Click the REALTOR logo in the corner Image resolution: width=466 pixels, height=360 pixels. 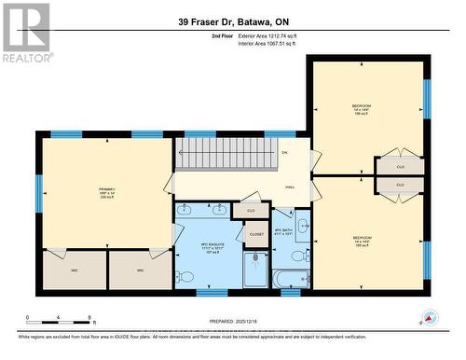26,33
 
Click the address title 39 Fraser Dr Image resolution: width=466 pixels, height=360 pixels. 232,21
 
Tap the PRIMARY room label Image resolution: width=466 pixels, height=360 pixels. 107,191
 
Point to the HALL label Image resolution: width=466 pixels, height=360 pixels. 291,186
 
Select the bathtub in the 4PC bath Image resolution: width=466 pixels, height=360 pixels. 291,277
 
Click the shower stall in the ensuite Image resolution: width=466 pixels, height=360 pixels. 255,270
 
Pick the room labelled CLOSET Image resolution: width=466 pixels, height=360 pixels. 256,234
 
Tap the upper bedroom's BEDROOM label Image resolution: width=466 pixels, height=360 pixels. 363,108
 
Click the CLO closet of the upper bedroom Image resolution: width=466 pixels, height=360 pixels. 400,166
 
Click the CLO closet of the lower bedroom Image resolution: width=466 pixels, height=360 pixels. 400,186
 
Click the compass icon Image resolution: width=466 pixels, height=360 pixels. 430,317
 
